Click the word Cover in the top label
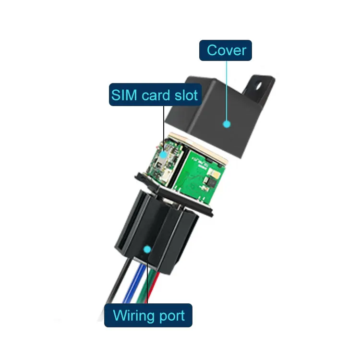pyautogui.click(x=226, y=50)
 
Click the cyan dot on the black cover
pyautogui.click(x=227, y=123)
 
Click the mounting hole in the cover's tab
pyautogui.click(x=262, y=88)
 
